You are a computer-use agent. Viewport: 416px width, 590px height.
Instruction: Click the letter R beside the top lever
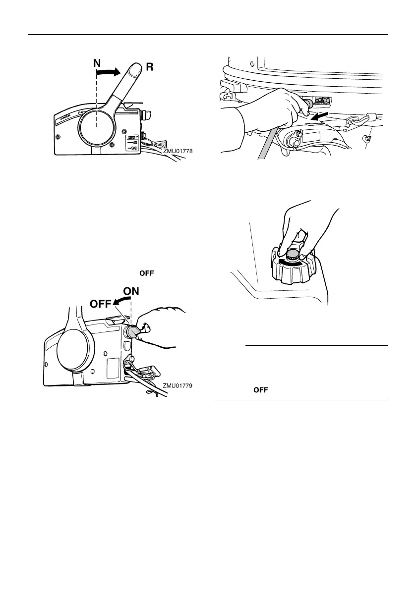pos(148,67)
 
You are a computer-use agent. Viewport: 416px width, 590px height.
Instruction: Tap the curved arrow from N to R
pos(108,73)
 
